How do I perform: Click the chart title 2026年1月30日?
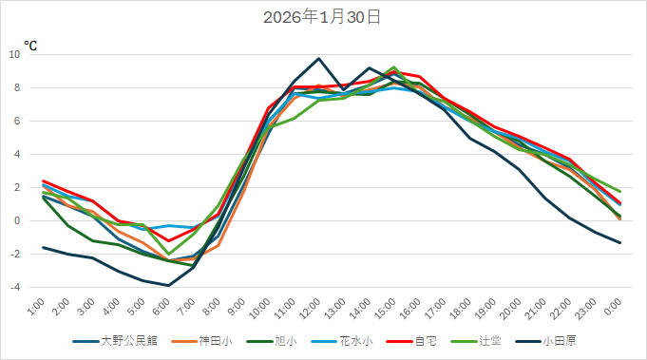(322, 17)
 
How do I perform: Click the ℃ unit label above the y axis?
(30, 45)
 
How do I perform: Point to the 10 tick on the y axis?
(14, 55)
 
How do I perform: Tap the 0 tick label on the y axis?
(17, 221)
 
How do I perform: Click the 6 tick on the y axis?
(17, 122)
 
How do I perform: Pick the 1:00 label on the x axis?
(35, 307)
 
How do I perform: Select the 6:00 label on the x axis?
(160, 307)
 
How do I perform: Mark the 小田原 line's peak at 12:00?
(319, 59)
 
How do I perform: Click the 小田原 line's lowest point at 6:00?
(168, 285)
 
